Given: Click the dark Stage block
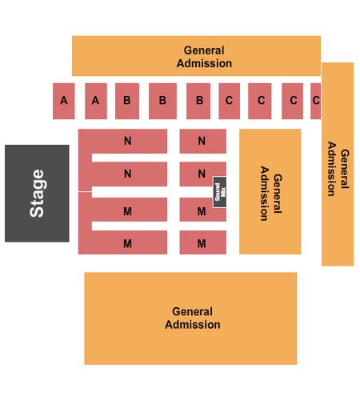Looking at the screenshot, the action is click(x=37, y=194).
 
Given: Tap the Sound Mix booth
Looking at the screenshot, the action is click(x=220, y=192).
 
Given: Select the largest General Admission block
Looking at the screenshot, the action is click(x=190, y=318).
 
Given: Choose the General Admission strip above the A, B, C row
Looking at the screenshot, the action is click(x=196, y=56).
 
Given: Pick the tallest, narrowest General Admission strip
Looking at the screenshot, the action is click(x=338, y=164).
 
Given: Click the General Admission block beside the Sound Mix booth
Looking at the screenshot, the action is click(x=270, y=192).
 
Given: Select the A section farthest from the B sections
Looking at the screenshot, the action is click(x=64, y=101).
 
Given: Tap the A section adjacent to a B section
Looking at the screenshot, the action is click(x=96, y=101).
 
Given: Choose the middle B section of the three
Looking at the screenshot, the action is click(x=162, y=101).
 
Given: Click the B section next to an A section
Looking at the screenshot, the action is click(x=127, y=101).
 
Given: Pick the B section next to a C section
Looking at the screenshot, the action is click(x=198, y=101).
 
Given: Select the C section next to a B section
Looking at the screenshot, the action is click(x=230, y=101).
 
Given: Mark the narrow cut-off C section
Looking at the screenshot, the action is click(x=316, y=101).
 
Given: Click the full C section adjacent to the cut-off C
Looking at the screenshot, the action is click(x=292, y=101).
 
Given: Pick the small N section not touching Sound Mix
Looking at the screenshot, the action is click(x=203, y=142).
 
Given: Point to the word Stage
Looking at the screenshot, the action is click(x=37, y=194).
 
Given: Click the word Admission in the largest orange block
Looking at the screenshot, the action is click(x=193, y=325).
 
